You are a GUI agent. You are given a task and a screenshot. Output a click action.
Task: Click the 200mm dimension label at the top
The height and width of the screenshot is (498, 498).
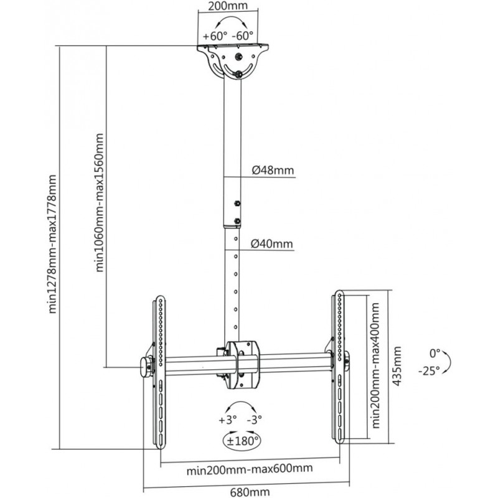pyautogui.click(x=228, y=6)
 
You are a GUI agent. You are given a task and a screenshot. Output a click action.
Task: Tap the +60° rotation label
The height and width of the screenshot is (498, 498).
pyautogui.click(x=215, y=36)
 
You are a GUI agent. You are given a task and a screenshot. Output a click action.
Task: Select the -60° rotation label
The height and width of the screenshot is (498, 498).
pyautogui.click(x=242, y=36)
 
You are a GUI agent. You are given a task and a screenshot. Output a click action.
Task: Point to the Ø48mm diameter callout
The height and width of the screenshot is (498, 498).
pyautogui.click(x=273, y=170)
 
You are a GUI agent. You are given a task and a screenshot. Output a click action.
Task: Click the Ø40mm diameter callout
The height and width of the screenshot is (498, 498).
pyautogui.click(x=271, y=244)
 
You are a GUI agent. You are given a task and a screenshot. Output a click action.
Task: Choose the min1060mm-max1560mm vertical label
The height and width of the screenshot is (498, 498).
pyautogui.click(x=100, y=203)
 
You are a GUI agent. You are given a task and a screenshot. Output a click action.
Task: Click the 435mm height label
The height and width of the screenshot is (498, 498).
pyautogui.click(x=397, y=366)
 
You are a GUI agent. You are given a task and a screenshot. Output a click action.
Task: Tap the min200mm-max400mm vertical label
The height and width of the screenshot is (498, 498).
pyautogui.click(x=375, y=365)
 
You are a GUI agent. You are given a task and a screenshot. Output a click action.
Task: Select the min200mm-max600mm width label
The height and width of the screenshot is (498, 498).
pyautogui.click(x=250, y=469)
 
